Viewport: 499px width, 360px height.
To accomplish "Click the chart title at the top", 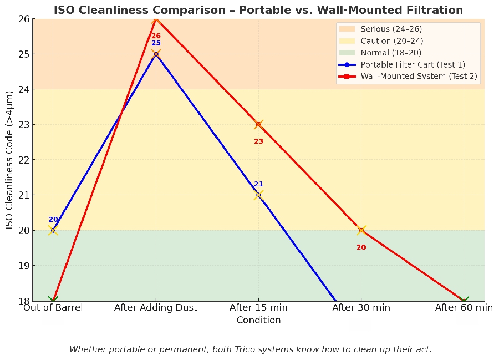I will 258,10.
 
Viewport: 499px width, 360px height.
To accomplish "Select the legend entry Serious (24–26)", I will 391,29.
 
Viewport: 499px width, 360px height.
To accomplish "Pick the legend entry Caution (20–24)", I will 391,40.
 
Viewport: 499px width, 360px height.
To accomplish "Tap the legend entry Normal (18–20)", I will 390,52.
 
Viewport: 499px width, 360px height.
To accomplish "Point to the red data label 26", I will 156,36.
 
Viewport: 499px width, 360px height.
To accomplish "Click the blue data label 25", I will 156,43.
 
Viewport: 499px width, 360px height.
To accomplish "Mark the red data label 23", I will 258,141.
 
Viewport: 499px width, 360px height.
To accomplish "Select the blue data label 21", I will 258,184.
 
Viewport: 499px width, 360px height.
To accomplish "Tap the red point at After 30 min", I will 361,230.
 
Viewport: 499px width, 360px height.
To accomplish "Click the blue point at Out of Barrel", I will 53,230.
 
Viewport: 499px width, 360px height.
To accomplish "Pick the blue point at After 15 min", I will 258,195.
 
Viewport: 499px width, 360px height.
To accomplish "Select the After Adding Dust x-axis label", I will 156,308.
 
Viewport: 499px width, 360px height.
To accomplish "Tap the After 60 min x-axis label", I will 464,308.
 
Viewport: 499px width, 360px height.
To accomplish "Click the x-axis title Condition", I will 258,320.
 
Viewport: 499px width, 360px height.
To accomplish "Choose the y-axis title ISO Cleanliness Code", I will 10,160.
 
